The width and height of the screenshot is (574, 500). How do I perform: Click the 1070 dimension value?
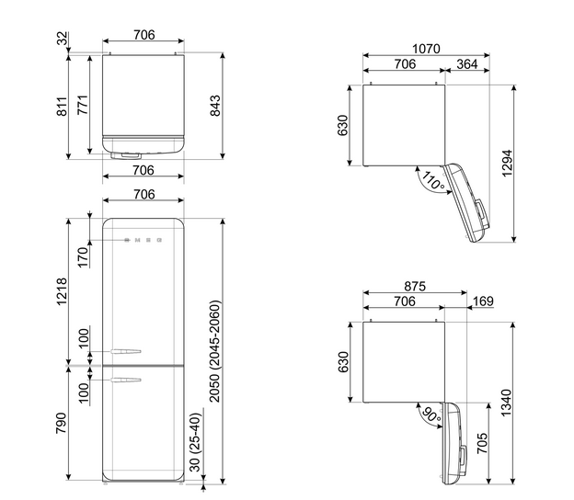[426, 49]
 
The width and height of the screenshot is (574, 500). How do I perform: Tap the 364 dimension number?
[467, 64]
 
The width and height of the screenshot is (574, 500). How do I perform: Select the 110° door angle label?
[433, 180]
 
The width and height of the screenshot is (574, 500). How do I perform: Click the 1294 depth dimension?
[507, 163]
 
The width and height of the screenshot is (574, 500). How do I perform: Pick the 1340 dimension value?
[506, 403]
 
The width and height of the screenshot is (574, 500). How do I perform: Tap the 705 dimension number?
[483, 443]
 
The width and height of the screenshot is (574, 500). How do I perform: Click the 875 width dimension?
[415, 286]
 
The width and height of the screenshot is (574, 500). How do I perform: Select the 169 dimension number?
[483, 301]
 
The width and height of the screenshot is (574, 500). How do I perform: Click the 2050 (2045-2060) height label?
[214, 351]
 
